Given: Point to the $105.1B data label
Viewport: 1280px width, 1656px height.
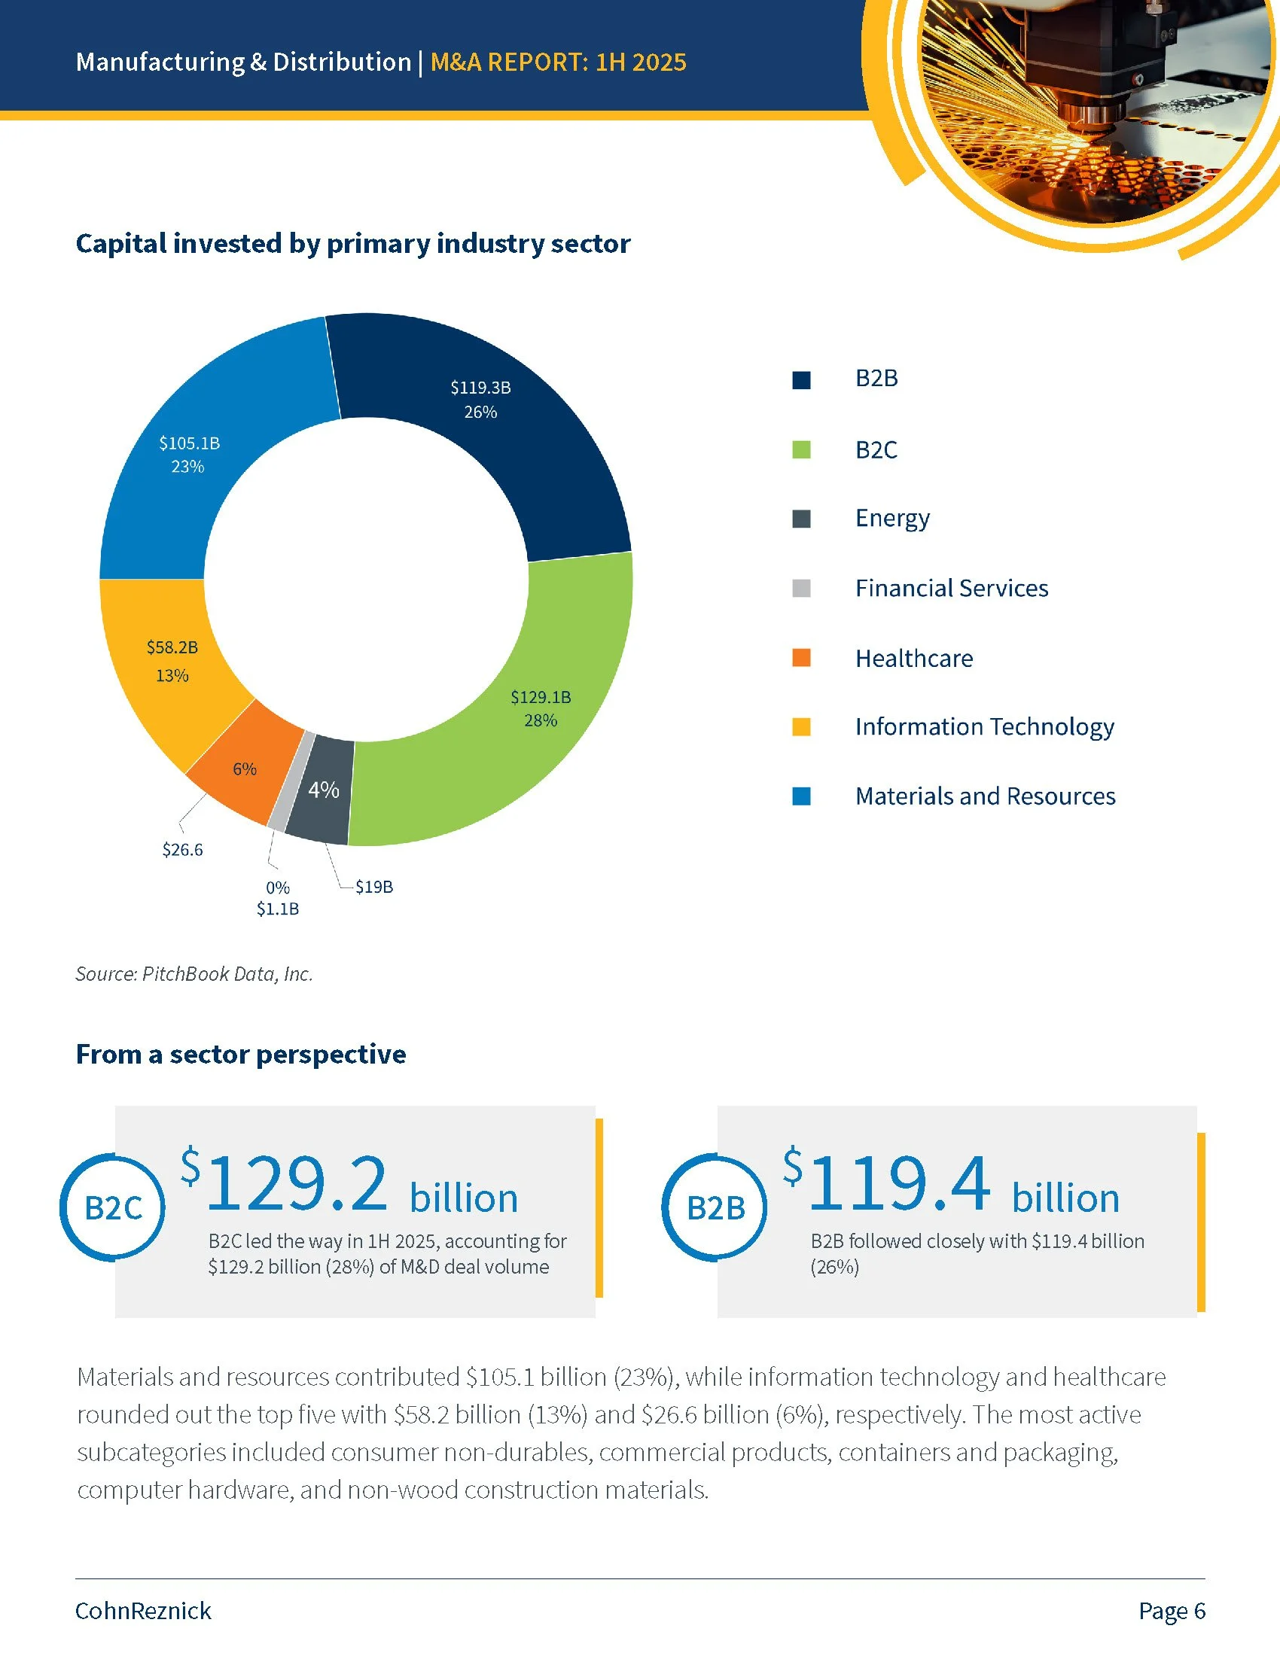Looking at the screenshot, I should click(x=190, y=443).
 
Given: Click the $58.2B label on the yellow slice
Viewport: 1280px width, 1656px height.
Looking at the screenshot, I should click(x=172, y=647).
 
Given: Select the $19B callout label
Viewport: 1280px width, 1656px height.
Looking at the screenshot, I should click(x=374, y=887).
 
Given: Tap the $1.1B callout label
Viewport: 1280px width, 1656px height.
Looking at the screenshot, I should click(x=278, y=909).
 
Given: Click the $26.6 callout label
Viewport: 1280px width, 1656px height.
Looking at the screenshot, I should click(x=183, y=850).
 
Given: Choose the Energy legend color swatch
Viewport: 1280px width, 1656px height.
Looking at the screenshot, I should click(x=802, y=519).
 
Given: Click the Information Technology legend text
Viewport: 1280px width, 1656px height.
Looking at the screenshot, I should click(x=984, y=727).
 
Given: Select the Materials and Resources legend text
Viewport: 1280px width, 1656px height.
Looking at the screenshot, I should click(x=985, y=796).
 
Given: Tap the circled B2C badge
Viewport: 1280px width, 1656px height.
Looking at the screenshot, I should click(x=113, y=1208).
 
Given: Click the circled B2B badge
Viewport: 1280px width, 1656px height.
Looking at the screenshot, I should click(x=715, y=1208).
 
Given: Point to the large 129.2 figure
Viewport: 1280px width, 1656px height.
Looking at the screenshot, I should click(x=296, y=1183).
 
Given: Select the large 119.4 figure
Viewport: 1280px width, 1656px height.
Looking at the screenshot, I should click(x=898, y=1183).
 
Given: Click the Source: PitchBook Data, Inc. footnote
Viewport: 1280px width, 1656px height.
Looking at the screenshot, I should click(x=194, y=974).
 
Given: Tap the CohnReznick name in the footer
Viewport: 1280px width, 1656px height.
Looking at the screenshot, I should click(x=143, y=1611).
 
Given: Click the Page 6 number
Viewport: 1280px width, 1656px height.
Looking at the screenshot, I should click(x=1172, y=1611).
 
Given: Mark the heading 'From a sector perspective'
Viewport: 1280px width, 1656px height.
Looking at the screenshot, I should click(x=241, y=1055).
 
